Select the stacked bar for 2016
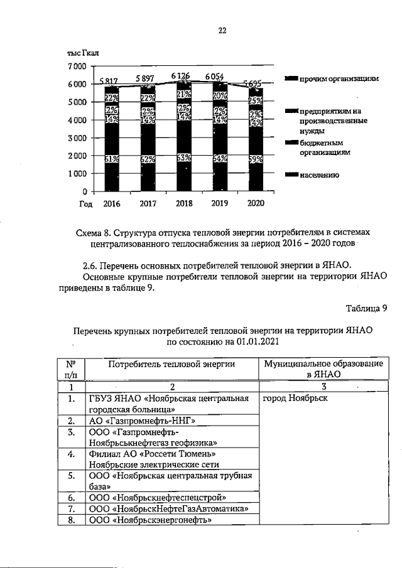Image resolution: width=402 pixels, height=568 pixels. tap(112, 138)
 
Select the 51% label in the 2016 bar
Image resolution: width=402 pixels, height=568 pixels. tap(112, 159)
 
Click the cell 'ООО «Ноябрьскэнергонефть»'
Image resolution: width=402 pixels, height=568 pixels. tap(150, 520)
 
